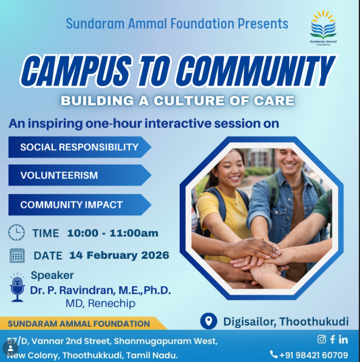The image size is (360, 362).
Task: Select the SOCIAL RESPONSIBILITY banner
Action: [79, 147]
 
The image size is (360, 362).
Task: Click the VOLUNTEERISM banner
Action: [79, 176]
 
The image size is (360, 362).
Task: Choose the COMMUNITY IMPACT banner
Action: [79, 205]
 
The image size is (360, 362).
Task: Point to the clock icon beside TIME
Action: [17, 233]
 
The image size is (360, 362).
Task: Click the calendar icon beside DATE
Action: [17, 255]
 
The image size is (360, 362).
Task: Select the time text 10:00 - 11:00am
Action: [112, 233]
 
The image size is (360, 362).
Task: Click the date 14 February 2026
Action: [119, 255]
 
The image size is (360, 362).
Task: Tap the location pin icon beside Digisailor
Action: [209, 322]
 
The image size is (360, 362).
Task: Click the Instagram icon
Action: [322, 339]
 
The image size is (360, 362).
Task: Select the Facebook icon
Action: [333, 339]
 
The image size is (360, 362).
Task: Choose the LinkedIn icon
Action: [344, 339]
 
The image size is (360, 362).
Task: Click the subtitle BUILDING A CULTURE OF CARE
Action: [177, 100]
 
